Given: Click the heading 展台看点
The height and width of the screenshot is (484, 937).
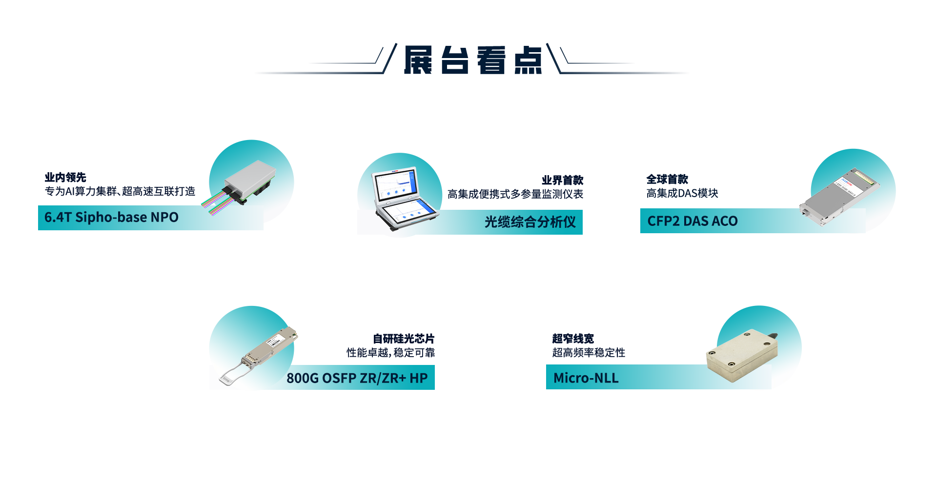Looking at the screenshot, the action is pos(473,60).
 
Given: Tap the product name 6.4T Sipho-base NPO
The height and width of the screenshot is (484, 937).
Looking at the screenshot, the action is pos(111,217).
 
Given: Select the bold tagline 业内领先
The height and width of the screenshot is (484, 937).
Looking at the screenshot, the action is pos(65,177).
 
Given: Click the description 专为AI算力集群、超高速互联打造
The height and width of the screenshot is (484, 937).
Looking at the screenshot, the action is pos(120,191).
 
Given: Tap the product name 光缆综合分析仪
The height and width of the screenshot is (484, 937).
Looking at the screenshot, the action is pos(530,222).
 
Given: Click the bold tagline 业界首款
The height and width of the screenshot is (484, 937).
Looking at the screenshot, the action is pos(562,180).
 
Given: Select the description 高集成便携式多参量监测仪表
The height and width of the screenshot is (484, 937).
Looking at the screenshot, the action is pos(515,194).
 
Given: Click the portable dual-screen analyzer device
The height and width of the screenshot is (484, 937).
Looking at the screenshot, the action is pos(404,200).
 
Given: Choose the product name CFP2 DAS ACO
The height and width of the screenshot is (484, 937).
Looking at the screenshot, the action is pos(693,221).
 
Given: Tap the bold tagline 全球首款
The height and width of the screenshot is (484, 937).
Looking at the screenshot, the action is pos(667,179).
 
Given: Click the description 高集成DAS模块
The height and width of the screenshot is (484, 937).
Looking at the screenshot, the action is pos(682,193).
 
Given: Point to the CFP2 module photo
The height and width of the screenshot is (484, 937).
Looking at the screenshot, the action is pos(839,197).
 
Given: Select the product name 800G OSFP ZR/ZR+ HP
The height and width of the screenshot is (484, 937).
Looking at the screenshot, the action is pos(357,378).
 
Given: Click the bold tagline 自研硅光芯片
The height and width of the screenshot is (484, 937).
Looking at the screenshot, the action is pos(404,339).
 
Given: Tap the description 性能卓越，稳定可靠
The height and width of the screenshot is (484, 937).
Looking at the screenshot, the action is pos(390,352).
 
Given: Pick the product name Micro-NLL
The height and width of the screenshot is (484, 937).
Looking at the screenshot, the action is pos(586,378).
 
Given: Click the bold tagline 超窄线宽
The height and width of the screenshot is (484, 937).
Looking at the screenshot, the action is pos(573,339).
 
